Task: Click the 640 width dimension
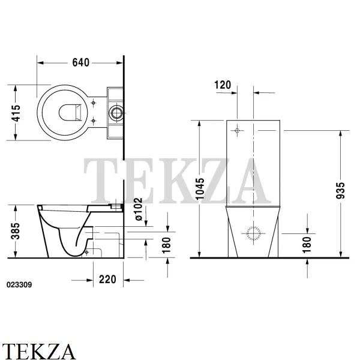click(x=80, y=62)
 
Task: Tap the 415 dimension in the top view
click(x=16, y=113)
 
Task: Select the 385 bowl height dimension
click(x=16, y=231)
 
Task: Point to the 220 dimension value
click(x=107, y=280)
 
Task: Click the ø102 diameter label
click(x=139, y=209)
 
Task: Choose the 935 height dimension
click(x=340, y=190)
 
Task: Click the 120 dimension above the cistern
click(x=223, y=85)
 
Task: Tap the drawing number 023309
click(x=19, y=284)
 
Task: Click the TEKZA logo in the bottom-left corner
click(x=38, y=351)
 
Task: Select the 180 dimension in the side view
click(x=166, y=245)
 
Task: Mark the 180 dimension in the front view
click(x=307, y=245)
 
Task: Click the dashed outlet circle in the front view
click(x=253, y=233)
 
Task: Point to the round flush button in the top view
click(x=116, y=113)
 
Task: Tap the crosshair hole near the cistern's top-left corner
click(x=237, y=131)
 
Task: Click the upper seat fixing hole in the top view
click(x=93, y=103)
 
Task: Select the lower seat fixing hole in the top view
click(x=93, y=121)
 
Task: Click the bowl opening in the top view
click(x=70, y=113)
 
